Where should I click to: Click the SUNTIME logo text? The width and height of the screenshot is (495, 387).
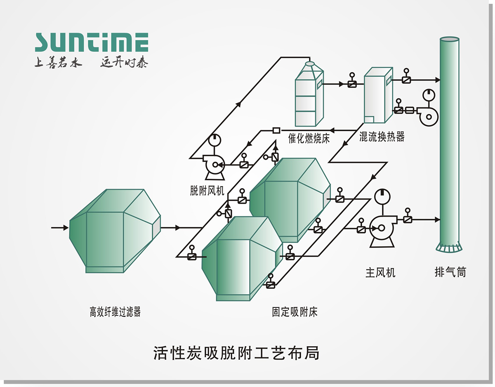click(91, 42)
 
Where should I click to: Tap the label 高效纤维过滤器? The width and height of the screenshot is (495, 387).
click(115, 312)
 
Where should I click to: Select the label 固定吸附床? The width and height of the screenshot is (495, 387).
click(295, 312)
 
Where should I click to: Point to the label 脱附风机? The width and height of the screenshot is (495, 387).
click(207, 191)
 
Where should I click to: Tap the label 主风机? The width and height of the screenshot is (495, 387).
click(380, 273)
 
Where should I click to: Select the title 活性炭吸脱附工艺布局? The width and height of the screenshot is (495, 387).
click(236, 354)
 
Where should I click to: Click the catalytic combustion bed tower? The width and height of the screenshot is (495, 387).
click(309, 95)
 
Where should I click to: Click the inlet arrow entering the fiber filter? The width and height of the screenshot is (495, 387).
click(64, 227)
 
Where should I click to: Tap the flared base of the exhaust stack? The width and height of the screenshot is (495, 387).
click(449, 248)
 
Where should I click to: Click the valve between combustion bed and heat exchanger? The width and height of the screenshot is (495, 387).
click(352, 84)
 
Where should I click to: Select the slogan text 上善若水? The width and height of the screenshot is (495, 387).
click(58, 63)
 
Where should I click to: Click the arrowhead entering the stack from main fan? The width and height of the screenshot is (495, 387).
click(437, 219)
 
